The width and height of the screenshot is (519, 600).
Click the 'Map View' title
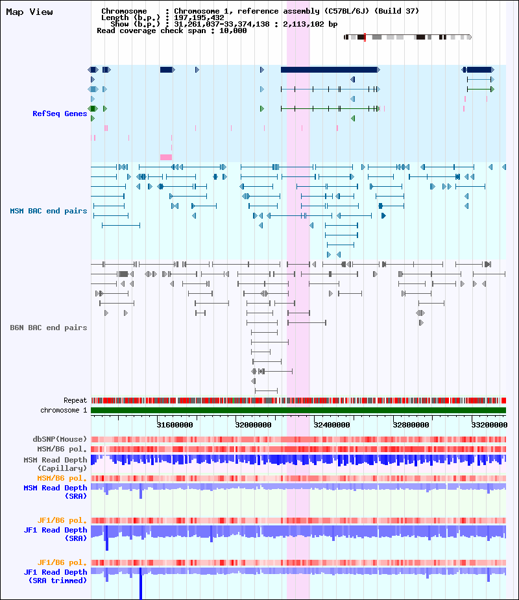[29, 12]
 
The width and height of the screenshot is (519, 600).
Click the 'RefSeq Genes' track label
[60, 114]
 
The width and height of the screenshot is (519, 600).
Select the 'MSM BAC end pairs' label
[49, 211]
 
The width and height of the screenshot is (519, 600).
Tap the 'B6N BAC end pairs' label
[49, 328]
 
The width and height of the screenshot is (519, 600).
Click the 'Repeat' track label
[75, 400]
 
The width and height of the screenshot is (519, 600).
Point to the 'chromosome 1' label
[64, 410]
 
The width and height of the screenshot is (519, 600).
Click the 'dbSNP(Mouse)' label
[60, 439]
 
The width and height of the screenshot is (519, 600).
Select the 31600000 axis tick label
[175, 425]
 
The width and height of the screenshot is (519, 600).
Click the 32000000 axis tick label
[254, 425]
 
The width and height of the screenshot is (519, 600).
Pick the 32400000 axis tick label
[332, 425]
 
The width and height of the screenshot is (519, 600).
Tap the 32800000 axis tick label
[411, 425]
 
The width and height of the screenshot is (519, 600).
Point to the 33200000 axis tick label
[490, 425]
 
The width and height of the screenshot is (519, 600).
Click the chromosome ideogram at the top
[407, 37]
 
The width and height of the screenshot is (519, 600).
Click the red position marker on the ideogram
[365, 37]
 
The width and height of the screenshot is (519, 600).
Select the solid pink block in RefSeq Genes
[166, 157]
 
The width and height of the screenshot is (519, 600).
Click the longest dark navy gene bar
[329, 69]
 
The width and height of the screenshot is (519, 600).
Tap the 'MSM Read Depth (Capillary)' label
[56, 464]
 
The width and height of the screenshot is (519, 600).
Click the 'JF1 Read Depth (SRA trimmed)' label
[56, 576]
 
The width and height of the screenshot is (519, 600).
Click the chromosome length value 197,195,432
[199, 18]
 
